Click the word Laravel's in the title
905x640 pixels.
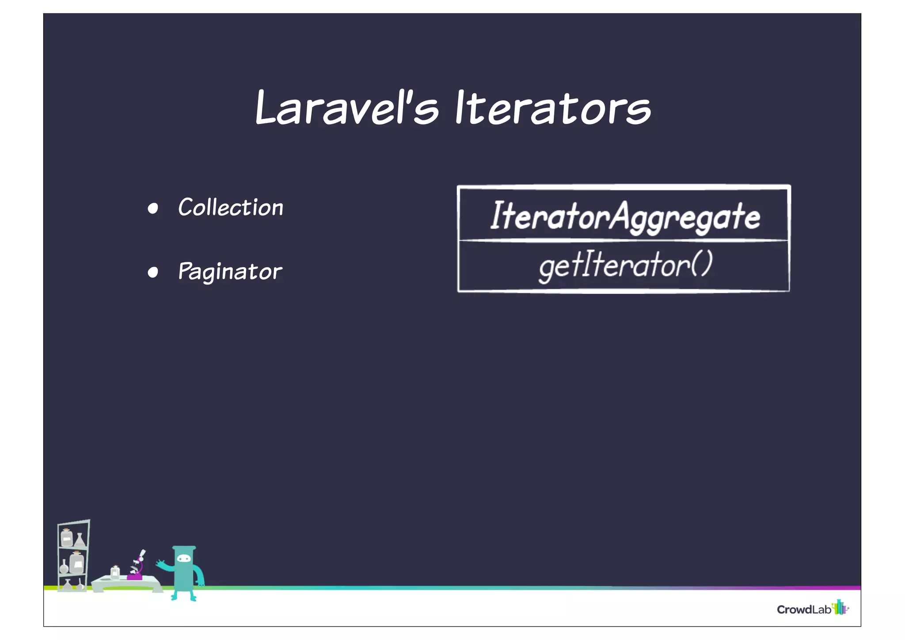coord(347,107)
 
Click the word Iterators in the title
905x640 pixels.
coord(553,107)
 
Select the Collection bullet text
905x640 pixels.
coord(230,207)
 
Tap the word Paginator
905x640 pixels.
coord(230,271)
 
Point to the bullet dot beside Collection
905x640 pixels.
coord(153,208)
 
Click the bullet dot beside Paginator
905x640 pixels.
coord(153,272)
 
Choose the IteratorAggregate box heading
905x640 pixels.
coord(624,216)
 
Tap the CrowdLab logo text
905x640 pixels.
coord(804,609)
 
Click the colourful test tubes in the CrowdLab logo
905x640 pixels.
coord(840,607)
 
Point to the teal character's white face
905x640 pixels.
coord(183,560)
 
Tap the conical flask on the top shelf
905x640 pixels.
coord(80,540)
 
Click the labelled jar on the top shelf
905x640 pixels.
coord(67,538)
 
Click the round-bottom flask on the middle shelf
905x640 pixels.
coord(64,567)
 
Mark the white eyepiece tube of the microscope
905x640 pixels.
coord(142,554)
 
